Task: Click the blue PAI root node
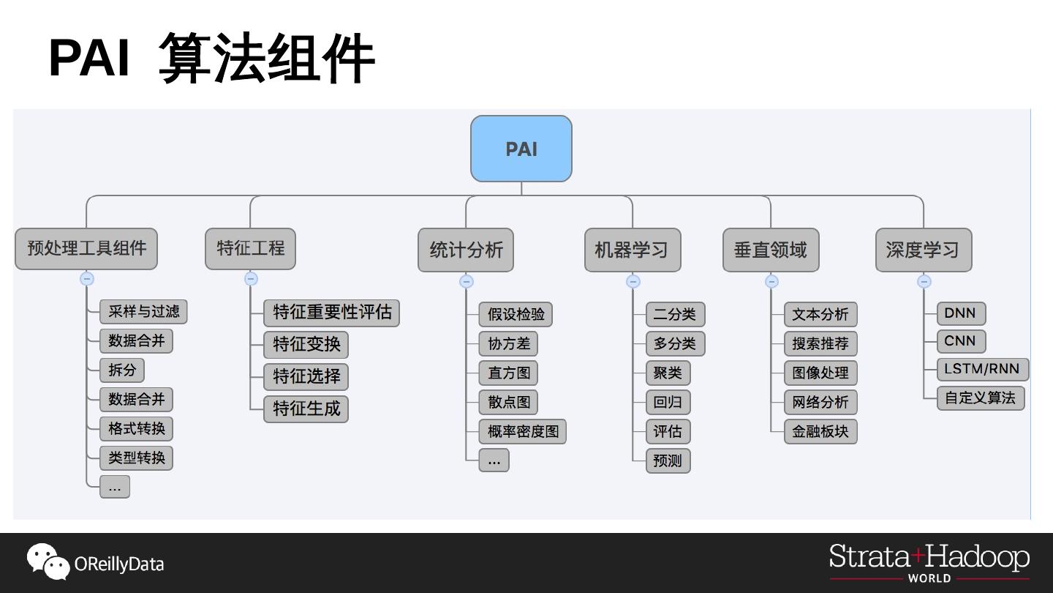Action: (521, 149)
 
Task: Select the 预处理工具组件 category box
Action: (86, 248)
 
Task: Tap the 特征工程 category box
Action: (250, 248)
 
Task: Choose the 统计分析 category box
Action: (466, 250)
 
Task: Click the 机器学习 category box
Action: (632, 250)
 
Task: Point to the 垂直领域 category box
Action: (770, 250)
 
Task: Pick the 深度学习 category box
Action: (923, 250)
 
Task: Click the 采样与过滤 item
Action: (143, 311)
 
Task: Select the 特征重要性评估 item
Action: (332, 313)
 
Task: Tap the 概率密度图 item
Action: (522, 431)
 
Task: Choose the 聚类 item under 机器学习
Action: (667, 373)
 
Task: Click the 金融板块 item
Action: (820, 431)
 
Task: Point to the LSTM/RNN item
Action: (982, 369)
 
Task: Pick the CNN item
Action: (960, 341)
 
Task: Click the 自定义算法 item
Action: (980, 398)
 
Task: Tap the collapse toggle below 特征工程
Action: (251, 279)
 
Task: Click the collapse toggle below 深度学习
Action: (924, 281)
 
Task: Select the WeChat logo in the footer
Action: (48, 562)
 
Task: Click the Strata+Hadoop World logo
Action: (929, 562)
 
